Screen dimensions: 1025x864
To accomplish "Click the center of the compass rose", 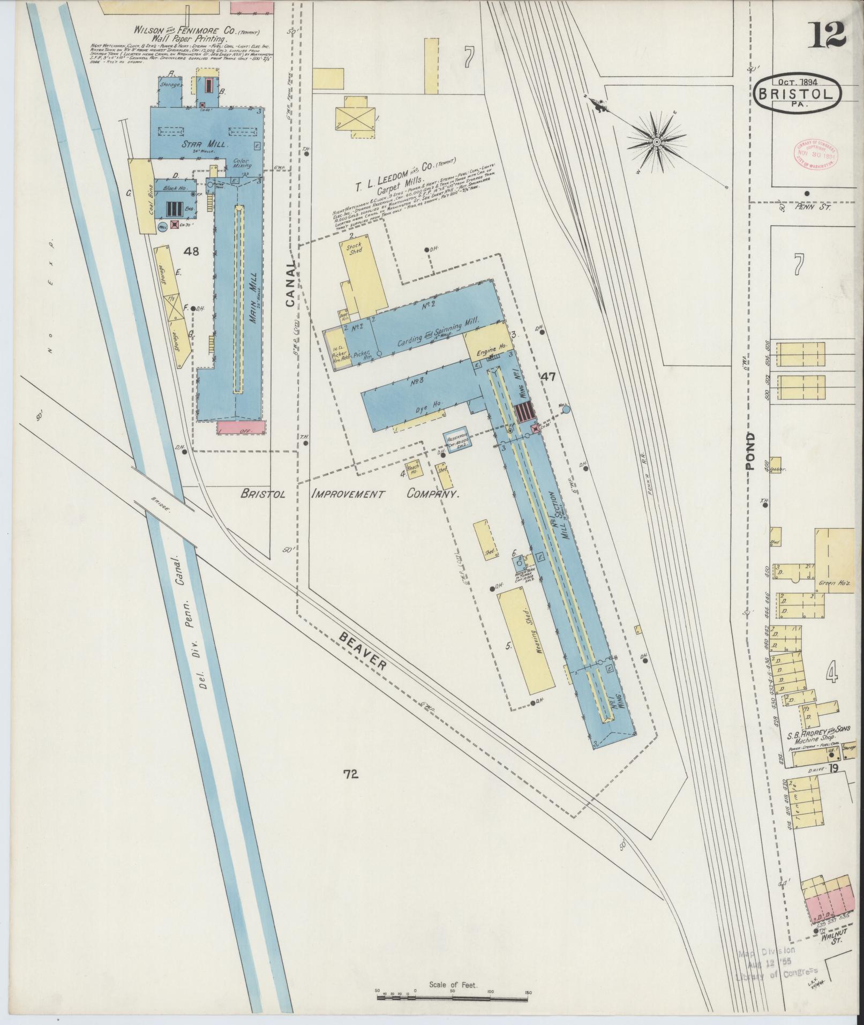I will point(657,142).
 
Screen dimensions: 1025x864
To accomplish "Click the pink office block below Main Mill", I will point(242,428).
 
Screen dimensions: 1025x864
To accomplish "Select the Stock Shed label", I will point(355,248).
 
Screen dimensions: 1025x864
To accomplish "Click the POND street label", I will point(750,451).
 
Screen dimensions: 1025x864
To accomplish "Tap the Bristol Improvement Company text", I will point(350,493).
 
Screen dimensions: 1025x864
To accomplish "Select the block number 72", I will point(351,773).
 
